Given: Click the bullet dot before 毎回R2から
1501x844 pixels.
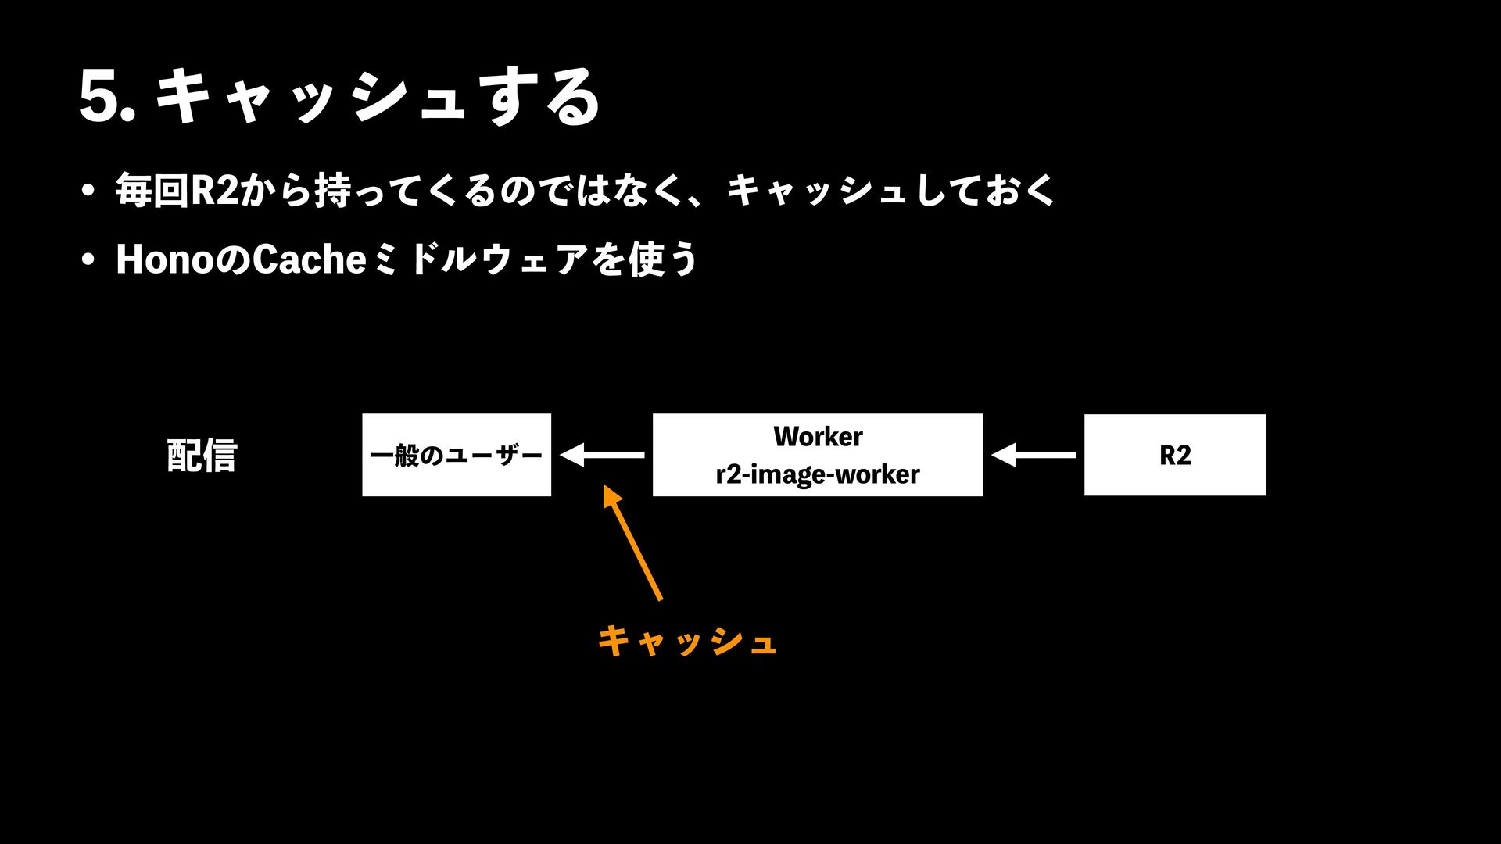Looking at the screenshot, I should point(88,191).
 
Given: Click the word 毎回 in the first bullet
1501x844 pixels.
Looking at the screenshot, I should point(152,190).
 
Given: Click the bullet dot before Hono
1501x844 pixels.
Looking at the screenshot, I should point(88,259).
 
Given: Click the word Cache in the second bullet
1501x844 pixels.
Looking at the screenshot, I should point(310,259).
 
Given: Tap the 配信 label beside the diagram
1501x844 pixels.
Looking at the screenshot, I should point(202,455).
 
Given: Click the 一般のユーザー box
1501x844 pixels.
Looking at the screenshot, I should point(457,455).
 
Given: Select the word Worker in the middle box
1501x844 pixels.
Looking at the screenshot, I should point(818,436).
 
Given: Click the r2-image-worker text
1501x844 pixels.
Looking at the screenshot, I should point(818,474).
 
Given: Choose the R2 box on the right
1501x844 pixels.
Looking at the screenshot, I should point(1174,455).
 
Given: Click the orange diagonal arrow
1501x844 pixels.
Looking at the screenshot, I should point(633,543).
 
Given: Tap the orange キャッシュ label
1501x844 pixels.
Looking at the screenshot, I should point(686,641).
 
